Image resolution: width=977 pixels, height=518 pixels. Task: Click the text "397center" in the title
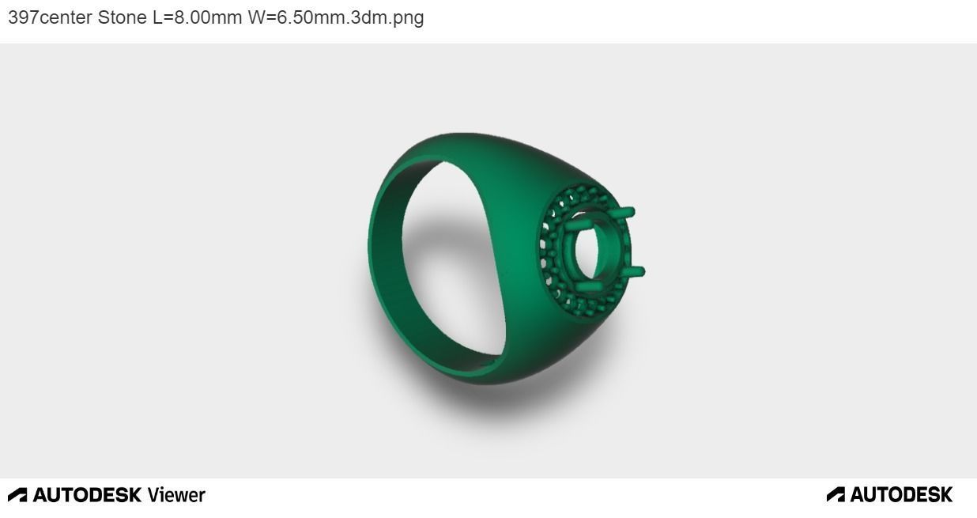tap(50, 17)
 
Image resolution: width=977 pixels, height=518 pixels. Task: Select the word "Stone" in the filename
tap(123, 17)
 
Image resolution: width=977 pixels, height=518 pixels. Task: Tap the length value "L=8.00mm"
tap(197, 17)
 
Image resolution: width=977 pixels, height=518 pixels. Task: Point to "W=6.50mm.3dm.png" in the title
tap(336, 17)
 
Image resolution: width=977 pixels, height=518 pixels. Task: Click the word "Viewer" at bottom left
tap(176, 495)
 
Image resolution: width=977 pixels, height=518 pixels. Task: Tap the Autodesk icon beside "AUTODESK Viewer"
tap(17, 495)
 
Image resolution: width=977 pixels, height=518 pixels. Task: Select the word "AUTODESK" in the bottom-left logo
tap(87, 495)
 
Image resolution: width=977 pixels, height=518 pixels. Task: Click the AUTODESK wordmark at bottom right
tap(902, 495)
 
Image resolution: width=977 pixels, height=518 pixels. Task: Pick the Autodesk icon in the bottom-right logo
tap(836, 495)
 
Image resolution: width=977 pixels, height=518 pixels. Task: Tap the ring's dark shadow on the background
tap(506, 403)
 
